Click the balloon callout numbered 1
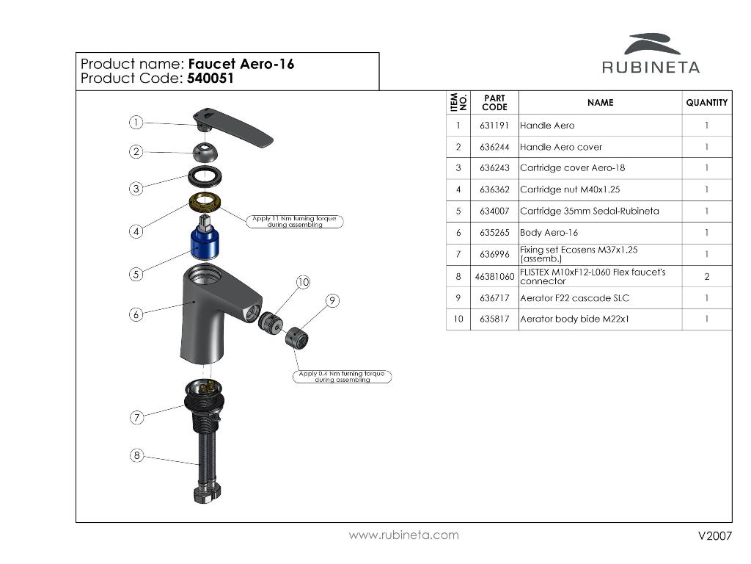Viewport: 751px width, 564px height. tap(136, 123)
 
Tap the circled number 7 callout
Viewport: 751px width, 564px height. tap(137, 417)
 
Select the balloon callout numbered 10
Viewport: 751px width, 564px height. tap(303, 282)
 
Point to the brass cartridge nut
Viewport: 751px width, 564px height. tap(205, 201)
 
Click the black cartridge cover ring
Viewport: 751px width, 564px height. tap(205, 176)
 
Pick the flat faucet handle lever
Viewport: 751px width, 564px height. tap(233, 126)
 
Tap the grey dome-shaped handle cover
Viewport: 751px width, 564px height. tap(205, 152)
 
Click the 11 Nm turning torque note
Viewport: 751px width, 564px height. tap(295, 221)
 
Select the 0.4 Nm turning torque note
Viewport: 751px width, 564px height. tap(342, 377)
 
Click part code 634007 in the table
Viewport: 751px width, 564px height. tap(494, 211)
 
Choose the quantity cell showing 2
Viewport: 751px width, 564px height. tap(707, 276)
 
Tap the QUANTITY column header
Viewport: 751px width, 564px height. tap(707, 103)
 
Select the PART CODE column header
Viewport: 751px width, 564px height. tap(494, 103)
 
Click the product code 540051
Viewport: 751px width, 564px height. tap(210, 78)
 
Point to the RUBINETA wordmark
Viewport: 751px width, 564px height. tap(651, 67)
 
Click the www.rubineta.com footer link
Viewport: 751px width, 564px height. tap(404, 535)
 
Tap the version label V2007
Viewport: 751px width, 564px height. tap(715, 535)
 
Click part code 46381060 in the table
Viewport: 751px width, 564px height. tap(494, 277)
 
